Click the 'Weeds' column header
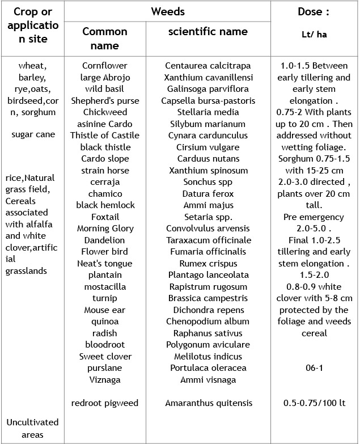click(x=168, y=11)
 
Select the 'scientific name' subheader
click(x=208, y=32)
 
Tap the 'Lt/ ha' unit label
click(x=314, y=35)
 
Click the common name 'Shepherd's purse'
click(x=105, y=101)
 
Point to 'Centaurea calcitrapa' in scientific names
click(x=208, y=66)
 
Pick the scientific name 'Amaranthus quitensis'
click(x=209, y=403)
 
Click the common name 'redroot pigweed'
click(x=105, y=403)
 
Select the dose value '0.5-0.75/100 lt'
click(x=314, y=403)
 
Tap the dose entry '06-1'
click(x=314, y=368)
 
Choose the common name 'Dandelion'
click(x=105, y=240)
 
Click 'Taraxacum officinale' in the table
click(x=208, y=240)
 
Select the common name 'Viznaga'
click(x=105, y=380)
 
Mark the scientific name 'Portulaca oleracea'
click(x=208, y=368)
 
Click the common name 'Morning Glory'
click(x=105, y=229)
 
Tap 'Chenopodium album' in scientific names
click(x=208, y=322)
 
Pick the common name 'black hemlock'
click(x=105, y=205)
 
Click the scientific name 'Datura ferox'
click(x=208, y=194)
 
